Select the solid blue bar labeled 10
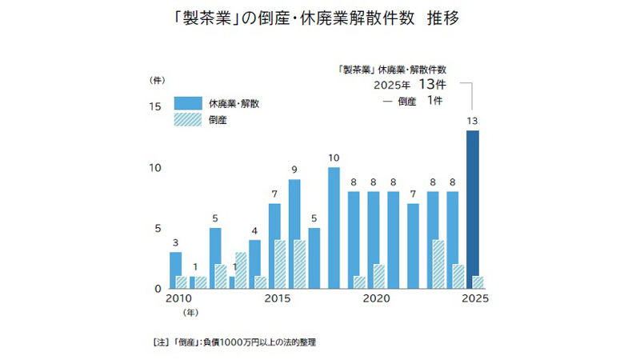pos(334,227)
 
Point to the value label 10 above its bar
pos(334,158)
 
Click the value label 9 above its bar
pos(294,170)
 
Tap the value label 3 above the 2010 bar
pos(176,242)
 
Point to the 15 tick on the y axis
pos(156,106)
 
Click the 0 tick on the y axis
pos(159,288)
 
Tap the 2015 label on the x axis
pos(277,299)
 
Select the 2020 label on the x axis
pos(375,299)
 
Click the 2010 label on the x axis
pos(178,299)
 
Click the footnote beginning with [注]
pos(234,342)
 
